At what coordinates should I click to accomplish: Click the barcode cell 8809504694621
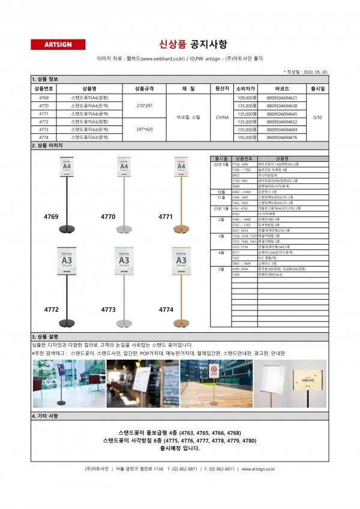pos(282,97)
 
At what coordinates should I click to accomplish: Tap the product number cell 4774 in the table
pos(44,137)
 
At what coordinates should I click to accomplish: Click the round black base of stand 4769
pos(67,229)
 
